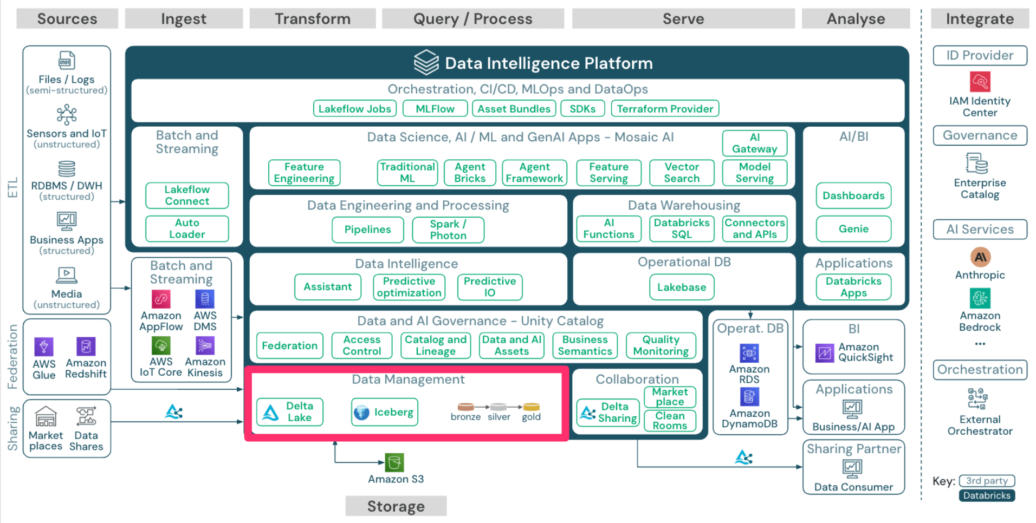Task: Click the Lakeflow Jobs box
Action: pyautogui.click(x=354, y=109)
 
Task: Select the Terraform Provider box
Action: pyautogui.click(x=665, y=109)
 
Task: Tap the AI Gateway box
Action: pyautogui.click(x=754, y=143)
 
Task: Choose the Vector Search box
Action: pyautogui.click(x=682, y=173)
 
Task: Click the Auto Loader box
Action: pyautogui.click(x=187, y=228)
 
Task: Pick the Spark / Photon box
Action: pyautogui.click(x=448, y=230)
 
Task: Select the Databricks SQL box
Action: pyautogui.click(x=681, y=228)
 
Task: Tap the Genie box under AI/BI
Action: pyautogui.click(x=853, y=228)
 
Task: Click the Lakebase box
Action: pyautogui.click(x=681, y=287)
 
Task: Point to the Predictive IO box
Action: pyautogui.click(x=489, y=287)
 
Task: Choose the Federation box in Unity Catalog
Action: pyautogui.click(x=289, y=345)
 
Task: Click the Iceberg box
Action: pyautogui.click(x=384, y=412)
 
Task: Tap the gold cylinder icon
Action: pyautogui.click(x=531, y=407)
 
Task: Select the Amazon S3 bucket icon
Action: pyautogui.click(x=394, y=462)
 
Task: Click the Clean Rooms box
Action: pyautogui.click(x=670, y=421)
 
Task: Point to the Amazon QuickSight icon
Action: pyautogui.click(x=825, y=353)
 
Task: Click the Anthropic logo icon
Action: pyautogui.click(x=980, y=257)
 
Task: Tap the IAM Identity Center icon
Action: pyautogui.click(x=980, y=82)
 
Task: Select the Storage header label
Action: pyautogui.click(x=396, y=506)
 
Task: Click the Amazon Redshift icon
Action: pyautogui.click(x=86, y=346)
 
